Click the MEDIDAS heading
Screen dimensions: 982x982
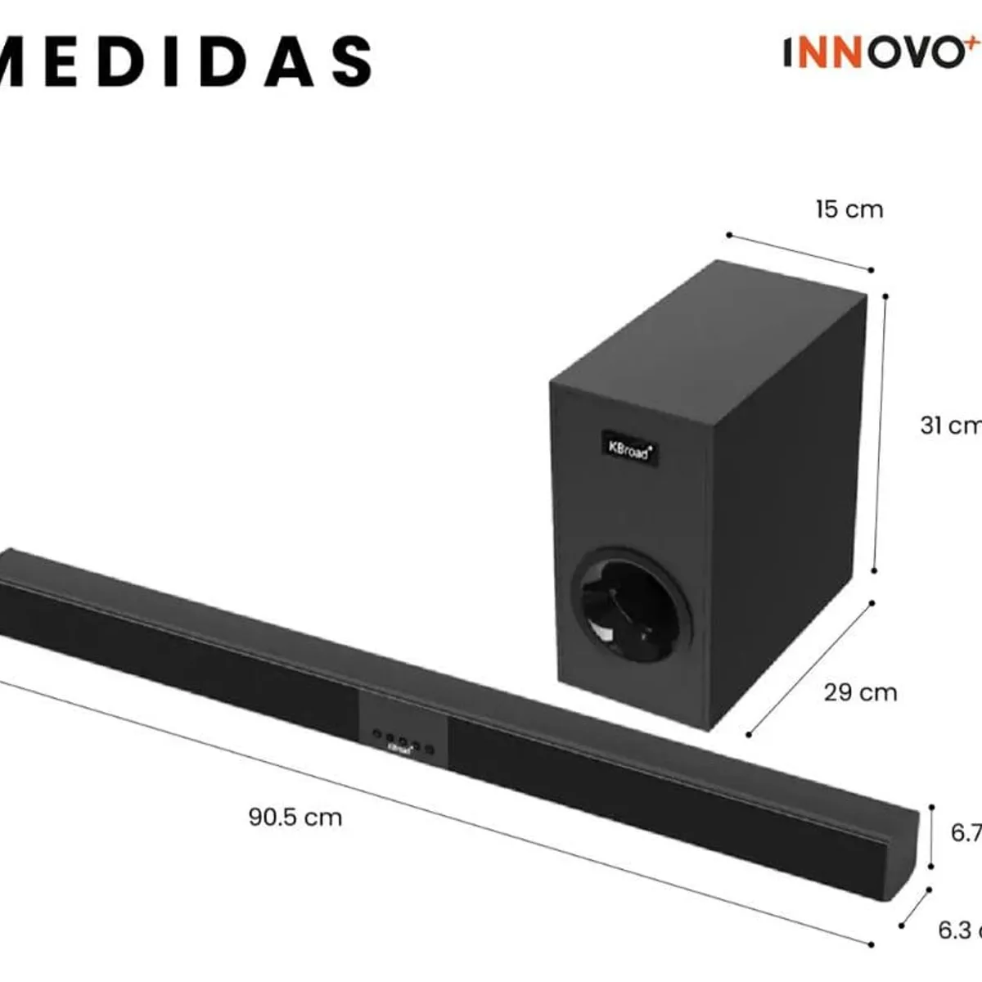coord(184,61)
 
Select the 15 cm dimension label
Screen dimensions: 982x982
coord(849,209)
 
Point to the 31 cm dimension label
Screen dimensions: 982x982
coord(949,426)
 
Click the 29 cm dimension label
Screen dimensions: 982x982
coord(860,692)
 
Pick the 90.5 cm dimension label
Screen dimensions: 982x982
coord(295,817)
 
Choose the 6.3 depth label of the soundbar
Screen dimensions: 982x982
coord(957,930)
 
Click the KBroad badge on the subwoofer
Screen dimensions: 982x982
coord(629,448)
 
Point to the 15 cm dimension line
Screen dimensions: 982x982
coord(800,253)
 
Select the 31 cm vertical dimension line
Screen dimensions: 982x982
coord(880,434)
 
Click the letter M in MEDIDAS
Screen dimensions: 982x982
coord(20,61)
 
